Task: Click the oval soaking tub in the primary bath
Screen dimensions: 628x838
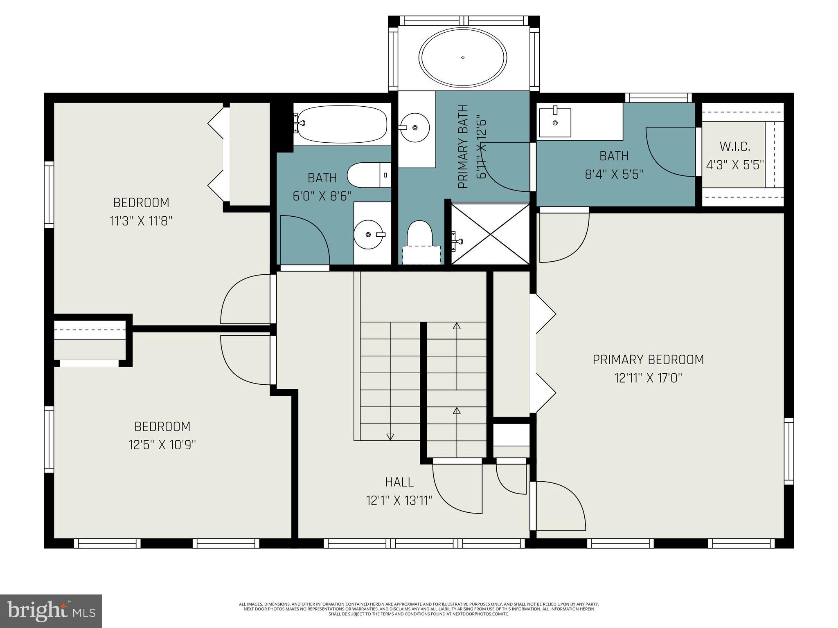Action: coord(462,58)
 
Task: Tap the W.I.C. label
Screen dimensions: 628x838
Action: coord(734,146)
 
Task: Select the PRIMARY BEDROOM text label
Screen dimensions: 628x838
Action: coord(648,359)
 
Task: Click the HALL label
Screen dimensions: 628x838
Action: coord(399,482)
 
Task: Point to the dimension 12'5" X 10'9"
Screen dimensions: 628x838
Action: coord(162,445)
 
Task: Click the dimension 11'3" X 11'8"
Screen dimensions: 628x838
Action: coord(141,221)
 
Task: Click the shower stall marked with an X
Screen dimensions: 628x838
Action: coord(490,234)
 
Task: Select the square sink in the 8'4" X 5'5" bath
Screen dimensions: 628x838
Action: coord(555,122)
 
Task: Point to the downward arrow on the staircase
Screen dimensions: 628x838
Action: coord(390,436)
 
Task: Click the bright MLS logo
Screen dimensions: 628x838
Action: coord(51,612)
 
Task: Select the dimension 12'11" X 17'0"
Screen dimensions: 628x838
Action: coord(648,378)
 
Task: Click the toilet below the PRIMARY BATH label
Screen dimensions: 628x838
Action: coord(420,235)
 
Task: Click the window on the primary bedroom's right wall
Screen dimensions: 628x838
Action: coord(788,451)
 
